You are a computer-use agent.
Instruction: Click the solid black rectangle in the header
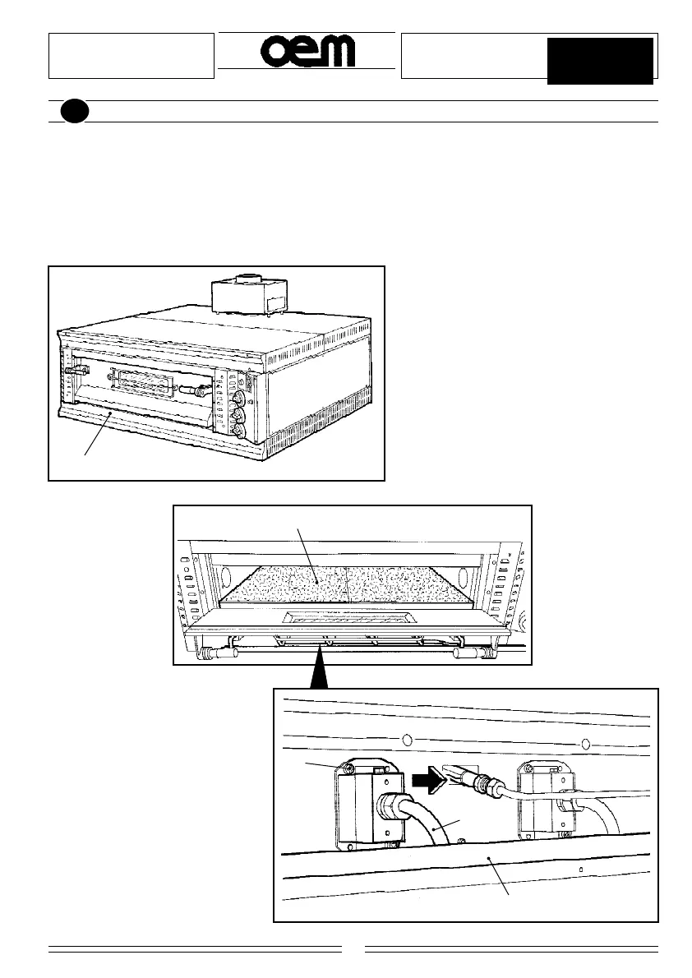[601, 60]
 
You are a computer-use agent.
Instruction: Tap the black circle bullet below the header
[72, 112]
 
